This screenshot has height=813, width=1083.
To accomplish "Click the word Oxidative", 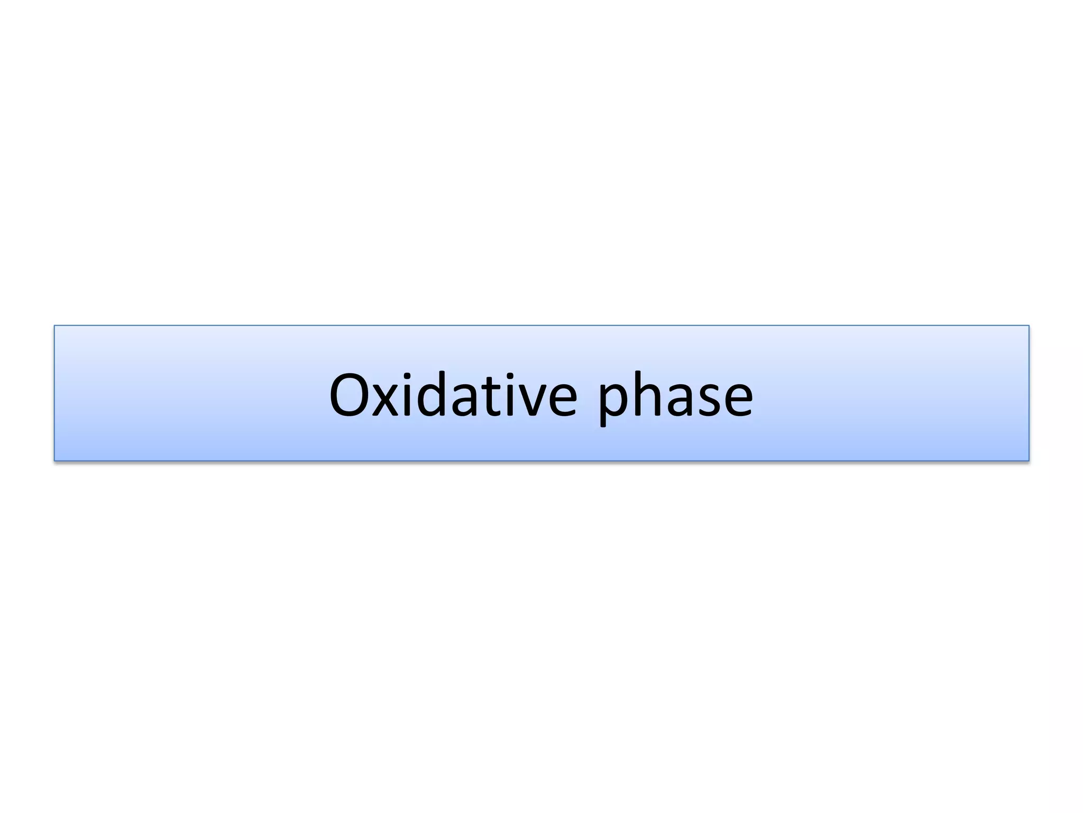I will [453, 395].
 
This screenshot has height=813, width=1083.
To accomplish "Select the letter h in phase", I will [647, 395].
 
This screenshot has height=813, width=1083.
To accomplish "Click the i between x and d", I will [406, 395].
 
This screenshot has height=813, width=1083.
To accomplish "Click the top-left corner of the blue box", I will [54, 326].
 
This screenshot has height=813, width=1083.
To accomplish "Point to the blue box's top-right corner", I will [1029, 326].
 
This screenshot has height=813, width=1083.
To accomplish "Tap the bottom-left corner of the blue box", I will [54, 460].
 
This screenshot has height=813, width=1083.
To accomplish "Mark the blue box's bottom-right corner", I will [1029, 460].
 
